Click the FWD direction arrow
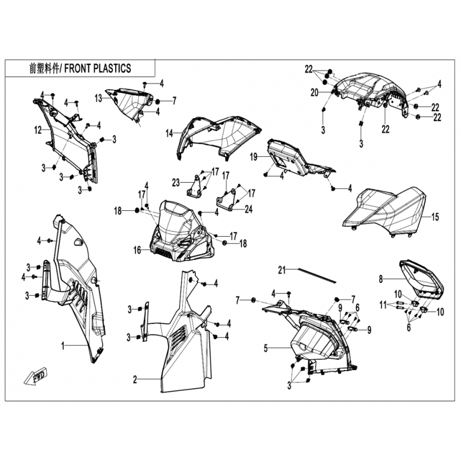pyautogui.click(x=36, y=376)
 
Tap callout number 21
pyautogui.click(x=282, y=270)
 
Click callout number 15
pyautogui.click(x=435, y=217)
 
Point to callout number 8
pyautogui.click(x=381, y=279)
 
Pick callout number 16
pyautogui.click(x=137, y=250)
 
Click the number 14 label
pyautogui.click(x=169, y=133)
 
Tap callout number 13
pyautogui.click(x=98, y=98)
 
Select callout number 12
pyautogui.click(x=38, y=130)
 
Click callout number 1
pyautogui.click(x=63, y=346)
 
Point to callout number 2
pyautogui.click(x=135, y=380)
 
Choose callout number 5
pyautogui.click(x=266, y=349)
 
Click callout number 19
pyautogui.click(x=254, y=157)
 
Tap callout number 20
pyautogui.click(x=315, y=93)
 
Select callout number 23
pyautogui.click(x=176, y=183)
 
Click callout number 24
pyautogui.click(x=249, y=209)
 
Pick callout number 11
pyautogui.click(x=383, y=305)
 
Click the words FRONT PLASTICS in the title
pyautogui.click(x=97, y=69)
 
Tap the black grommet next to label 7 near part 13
pyautogui.click(x=157, y=101)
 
